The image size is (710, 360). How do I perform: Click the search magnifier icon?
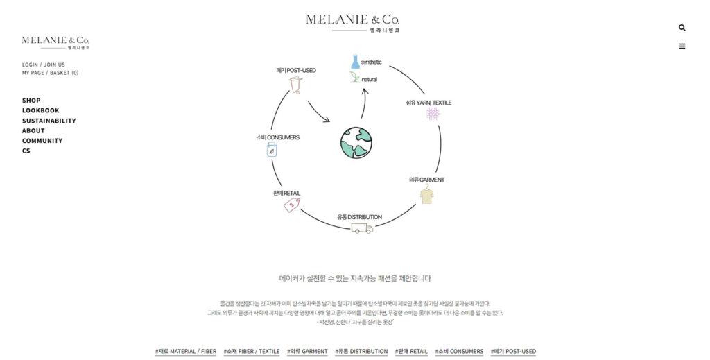(682, 28)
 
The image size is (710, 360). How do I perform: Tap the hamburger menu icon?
(682, 46)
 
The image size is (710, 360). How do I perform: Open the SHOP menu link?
(31, 101)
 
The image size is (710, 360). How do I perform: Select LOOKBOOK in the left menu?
(40, 110)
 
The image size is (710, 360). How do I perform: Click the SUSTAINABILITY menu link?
(49, 121)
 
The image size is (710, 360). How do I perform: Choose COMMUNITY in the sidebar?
(42, 141)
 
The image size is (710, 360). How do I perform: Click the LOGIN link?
(30, 65)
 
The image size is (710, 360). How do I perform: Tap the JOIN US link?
(55, 65)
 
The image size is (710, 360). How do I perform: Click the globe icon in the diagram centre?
(356, 143)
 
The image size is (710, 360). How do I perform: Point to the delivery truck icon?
(362, 228)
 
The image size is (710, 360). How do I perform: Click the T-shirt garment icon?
(427, 196)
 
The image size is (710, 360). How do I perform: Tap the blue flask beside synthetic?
(355, 62)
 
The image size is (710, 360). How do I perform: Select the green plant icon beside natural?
(355, 78)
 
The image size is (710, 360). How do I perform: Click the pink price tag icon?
(291, 204)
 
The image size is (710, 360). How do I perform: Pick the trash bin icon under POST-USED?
(295, 85)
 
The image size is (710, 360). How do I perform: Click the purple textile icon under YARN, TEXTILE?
(433, 113)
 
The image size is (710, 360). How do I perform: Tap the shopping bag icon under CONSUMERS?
(272, 149)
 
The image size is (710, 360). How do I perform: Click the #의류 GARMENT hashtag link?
(307, 352)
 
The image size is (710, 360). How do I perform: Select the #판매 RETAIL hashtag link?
(411, 352)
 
